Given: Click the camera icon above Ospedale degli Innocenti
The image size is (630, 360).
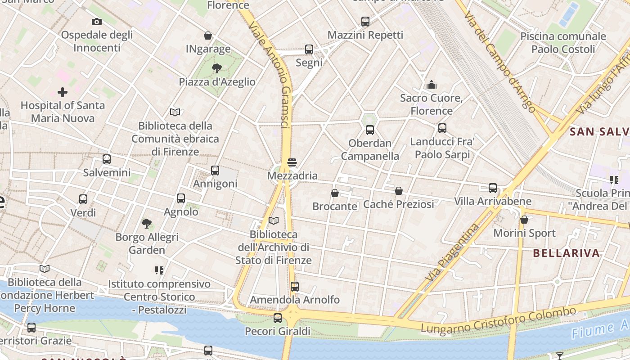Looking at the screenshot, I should (96, 22).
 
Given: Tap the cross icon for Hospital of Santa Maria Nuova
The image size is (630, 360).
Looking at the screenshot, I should (63, 92).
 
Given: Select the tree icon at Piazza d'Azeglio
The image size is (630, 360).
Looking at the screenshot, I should (217, 68).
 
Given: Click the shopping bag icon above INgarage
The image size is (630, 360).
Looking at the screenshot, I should (208, 36).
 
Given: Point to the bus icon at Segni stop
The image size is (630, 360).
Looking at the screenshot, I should (309, 49).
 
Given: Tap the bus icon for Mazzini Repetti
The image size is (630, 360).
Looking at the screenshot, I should (365, 21).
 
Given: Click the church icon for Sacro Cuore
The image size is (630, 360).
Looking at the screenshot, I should (432, 85).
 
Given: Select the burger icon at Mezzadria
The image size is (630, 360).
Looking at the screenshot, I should (292, 162).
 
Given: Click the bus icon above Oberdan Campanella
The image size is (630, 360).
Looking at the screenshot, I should (370, 130).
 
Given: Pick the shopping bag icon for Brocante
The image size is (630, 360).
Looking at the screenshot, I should (335, 193).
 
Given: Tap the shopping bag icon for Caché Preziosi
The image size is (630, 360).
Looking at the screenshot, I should (399, 191).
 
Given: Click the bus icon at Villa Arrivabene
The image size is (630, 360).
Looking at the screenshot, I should (493, 188).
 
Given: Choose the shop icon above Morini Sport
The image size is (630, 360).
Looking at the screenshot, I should (524, 220).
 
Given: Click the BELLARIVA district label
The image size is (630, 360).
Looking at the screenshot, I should (566, 253).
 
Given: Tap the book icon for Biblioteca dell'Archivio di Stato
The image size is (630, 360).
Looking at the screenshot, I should (274, 220).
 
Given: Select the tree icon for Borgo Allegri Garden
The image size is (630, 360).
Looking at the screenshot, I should (147, 223).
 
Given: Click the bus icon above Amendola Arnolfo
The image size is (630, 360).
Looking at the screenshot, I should (295, 286).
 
